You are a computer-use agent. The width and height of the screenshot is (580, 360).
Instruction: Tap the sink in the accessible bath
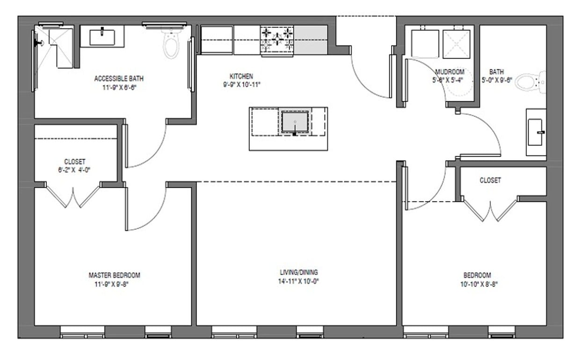pyautogui.click(x=102, y=37)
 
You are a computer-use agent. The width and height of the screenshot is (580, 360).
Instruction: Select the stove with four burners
pyautogui.click(x=277, y=40)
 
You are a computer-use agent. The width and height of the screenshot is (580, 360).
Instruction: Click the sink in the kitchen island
pyautogui.click(x=295, y=123)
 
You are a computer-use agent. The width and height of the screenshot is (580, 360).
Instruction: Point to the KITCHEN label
pyautogui.click(x=241, y=76)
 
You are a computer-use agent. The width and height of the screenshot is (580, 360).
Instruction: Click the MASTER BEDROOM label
pyautogui.click(x=114, y=275)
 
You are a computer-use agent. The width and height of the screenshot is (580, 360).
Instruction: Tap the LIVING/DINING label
pyautogui.click(x=298, y=272)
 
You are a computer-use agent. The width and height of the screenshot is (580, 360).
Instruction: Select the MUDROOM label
pyautogui.click(x=449, y=72)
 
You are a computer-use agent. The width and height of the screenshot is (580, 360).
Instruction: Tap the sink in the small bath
pyautogui.click(x=536, y=132)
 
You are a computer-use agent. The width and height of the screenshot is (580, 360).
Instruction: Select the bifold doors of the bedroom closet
pyautogui.click(x=490, y=210)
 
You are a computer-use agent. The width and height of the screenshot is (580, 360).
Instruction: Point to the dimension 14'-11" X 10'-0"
pyautogui.click(x=298, y=281)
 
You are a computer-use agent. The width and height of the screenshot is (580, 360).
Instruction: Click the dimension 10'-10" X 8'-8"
pyautogui.click(x=477, y=284)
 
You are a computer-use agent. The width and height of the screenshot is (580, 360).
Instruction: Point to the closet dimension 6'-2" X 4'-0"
pyautogui.click(x=75, y=170)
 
